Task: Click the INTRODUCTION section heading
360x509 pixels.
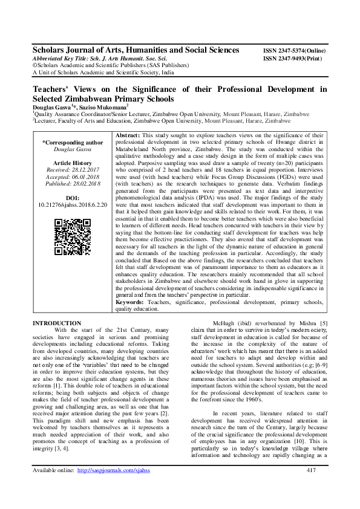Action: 56,323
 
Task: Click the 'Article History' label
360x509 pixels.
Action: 73,163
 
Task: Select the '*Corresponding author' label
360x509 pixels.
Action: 73,143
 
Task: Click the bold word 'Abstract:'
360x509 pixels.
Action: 128,135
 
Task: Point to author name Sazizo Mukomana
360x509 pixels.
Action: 103,106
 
